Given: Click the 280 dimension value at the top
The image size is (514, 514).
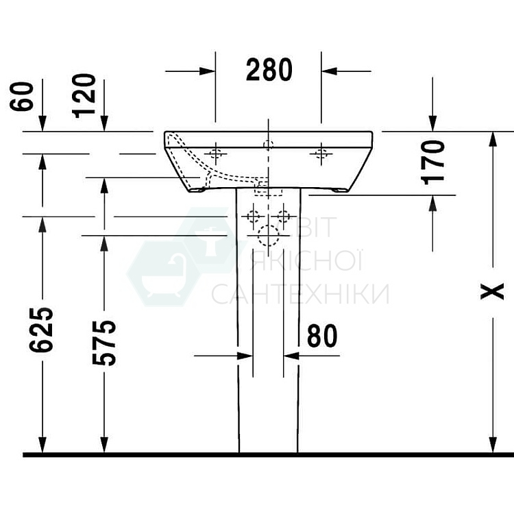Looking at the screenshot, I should pyautogui.click(x=269, y=70).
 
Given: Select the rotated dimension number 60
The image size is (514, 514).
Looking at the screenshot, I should pyautogui.click(x=22, y=96).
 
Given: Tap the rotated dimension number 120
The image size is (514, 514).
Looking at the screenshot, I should pyautogui.click(x=85, y=95).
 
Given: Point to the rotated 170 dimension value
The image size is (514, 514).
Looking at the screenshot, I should pyautogui.click(x=433, y=161).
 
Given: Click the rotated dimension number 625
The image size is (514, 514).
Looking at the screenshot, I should pyautogui.click(x=41, y=330).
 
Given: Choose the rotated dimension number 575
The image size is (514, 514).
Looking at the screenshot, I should pyautogui.click(x=104, y=342).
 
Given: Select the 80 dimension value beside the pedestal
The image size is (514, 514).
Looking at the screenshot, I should pyautogui.click(x=321, y=336).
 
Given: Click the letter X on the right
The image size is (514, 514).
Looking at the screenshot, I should pyautogui.click(x=491, y=291).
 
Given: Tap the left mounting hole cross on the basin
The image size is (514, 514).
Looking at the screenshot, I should pyautogui.click(x=216, y=154).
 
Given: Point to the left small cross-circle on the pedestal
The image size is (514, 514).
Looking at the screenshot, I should pyautogui.click(x=253, y=218).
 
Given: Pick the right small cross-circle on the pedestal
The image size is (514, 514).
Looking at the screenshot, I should pyautogui.click(x=283, y=218).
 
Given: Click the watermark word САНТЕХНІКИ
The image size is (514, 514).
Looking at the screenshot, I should pyautogui.click(x=299, y=294).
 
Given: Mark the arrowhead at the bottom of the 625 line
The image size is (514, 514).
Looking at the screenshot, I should pyautogui.click(x=42, y=446).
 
